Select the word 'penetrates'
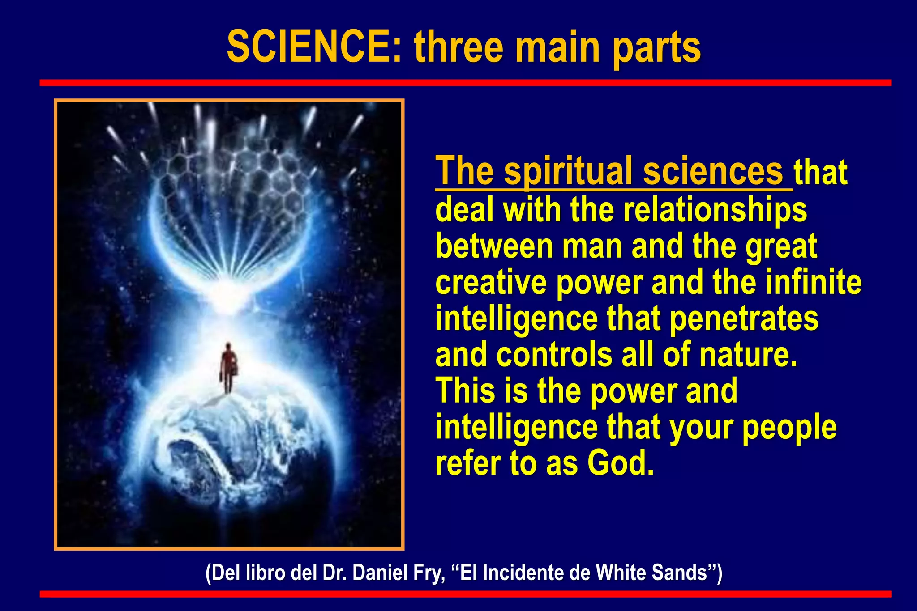point(744,318)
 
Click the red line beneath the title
point(466,83)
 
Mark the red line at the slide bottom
point(466,594)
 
